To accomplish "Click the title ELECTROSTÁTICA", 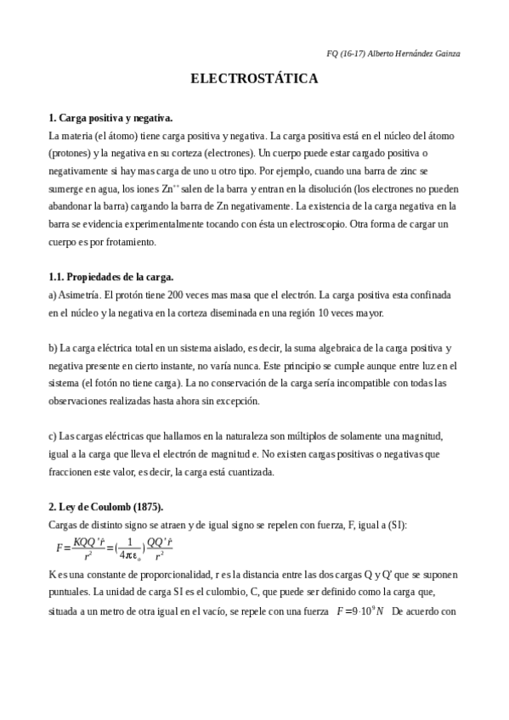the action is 254,79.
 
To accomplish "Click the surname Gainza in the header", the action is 446,53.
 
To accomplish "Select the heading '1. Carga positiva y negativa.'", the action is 111,119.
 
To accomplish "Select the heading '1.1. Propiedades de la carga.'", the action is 110,277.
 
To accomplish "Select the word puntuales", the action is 72,591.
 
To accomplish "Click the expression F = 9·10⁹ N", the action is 360,610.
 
